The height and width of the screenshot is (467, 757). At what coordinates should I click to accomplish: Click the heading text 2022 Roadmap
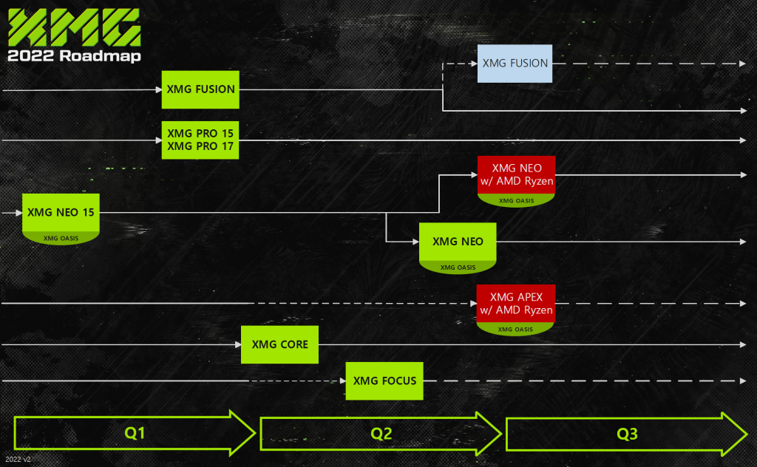[74, 56]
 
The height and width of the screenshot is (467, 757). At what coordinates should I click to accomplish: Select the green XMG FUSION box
[201, 89]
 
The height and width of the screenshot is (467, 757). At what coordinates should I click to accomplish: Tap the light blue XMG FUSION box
[515, 64]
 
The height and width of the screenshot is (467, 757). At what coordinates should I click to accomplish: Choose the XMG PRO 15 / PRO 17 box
[201, 140]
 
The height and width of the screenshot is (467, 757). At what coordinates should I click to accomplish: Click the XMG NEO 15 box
[61, 212]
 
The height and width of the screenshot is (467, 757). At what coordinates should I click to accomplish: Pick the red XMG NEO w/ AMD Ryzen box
[515, 175]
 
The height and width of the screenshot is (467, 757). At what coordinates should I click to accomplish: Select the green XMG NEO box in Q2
[458, 242]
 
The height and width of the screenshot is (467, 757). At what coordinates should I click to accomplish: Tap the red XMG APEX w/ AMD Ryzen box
[515, 304]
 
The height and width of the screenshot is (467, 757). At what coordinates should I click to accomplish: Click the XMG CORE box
[279, 344]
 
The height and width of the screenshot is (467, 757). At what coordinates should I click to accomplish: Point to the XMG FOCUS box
[384, 381]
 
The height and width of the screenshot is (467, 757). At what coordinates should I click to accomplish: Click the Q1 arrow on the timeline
[134, 434]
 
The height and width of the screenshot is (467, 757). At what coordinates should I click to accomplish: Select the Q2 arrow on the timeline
[380, 434]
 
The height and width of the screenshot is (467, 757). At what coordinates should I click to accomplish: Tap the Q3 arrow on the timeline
[626, 434]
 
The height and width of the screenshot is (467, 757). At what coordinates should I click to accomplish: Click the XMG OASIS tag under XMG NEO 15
[61, 238]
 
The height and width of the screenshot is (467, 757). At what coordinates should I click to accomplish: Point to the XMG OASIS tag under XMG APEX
[515, 330]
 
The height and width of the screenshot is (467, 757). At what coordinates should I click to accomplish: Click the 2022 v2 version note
[17, 460]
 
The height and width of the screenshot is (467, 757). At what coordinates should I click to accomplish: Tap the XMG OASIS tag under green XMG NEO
[458, 267]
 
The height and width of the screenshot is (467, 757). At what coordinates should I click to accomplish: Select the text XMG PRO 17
[201, 146]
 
